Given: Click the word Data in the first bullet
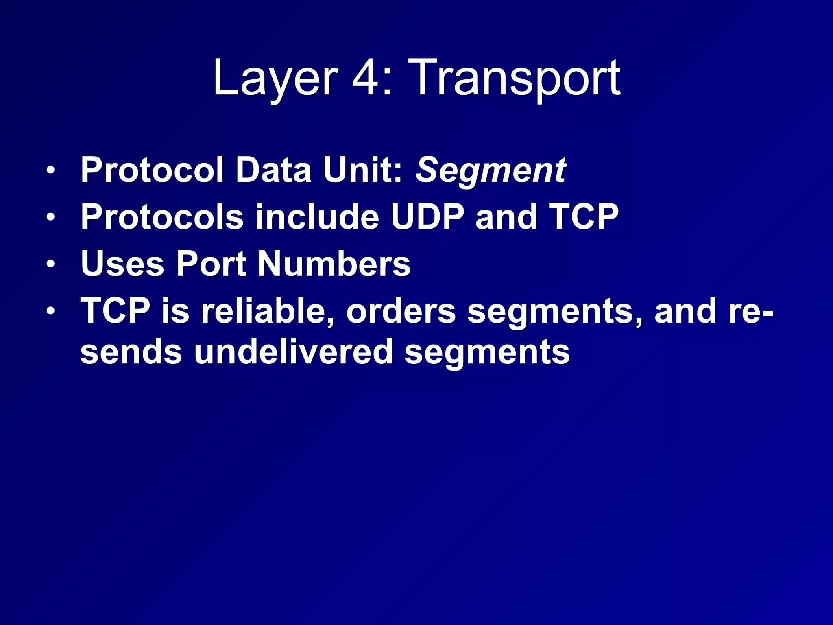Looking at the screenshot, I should [x=273, y=170].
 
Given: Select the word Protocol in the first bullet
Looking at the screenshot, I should [x=152, y=170].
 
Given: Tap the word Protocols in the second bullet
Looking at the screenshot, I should [x=161, y=217].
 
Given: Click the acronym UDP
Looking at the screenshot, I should [x=427, y=217].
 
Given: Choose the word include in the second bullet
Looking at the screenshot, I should [x=317, y=217].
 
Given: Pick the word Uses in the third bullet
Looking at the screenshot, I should [x=122, y=264].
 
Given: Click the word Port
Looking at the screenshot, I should [x=211, y=264].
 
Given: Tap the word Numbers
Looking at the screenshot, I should [x=334, y=264].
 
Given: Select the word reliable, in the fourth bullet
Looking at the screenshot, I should [x=268, y=311].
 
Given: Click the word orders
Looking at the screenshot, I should [x=401, y=311].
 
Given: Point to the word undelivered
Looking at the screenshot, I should [x=293, y=352].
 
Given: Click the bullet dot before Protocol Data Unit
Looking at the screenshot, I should [x=50, y=170].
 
